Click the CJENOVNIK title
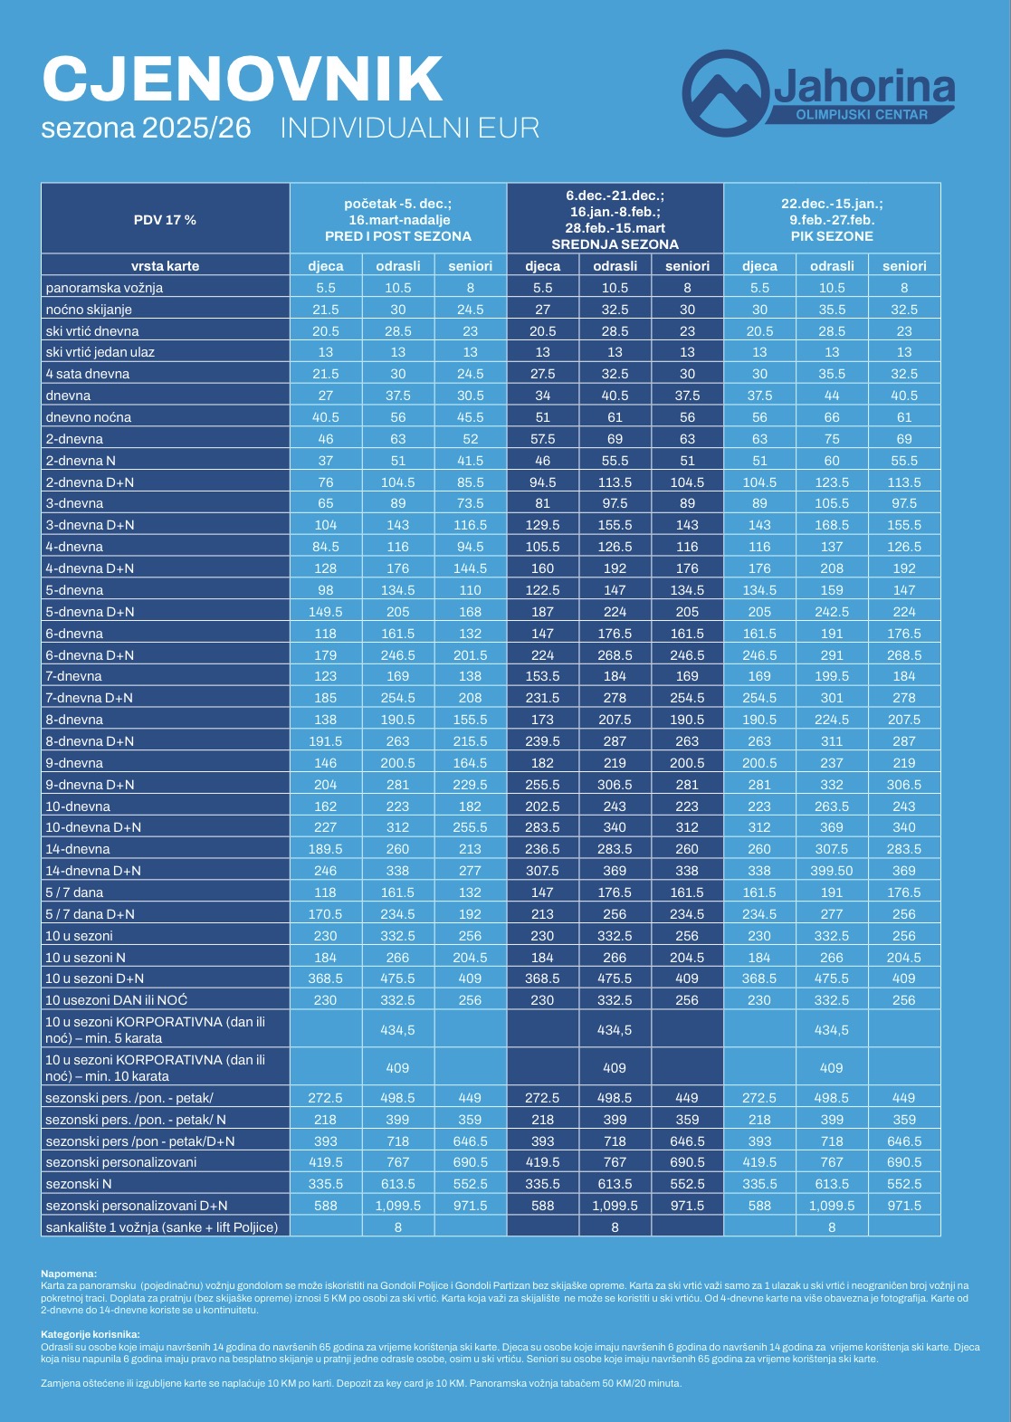243,79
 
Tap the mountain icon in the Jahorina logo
725,93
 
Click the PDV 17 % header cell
166,219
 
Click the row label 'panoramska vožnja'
105,288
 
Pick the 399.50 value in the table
832,871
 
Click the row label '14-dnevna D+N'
93,871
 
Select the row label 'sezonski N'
79,1184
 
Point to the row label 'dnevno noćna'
89,417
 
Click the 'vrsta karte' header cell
166,266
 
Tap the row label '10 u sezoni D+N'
95,978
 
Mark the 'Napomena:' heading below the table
69,1274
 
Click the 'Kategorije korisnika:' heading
91,1334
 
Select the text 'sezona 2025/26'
147,128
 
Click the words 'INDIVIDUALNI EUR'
410,128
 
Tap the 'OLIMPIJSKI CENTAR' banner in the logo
861,115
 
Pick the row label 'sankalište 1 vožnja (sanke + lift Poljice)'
162,1227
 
